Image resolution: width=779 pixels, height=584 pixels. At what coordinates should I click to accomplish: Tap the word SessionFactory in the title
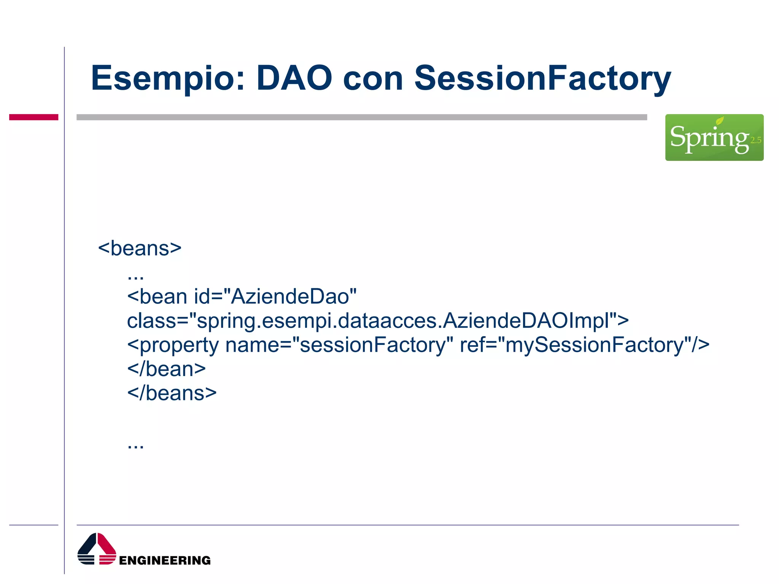[x=542, y=79]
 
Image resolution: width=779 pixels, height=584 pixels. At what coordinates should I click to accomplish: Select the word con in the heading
[x=373, y=79]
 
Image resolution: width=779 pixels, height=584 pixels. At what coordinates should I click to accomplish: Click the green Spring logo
[x=714, y=138]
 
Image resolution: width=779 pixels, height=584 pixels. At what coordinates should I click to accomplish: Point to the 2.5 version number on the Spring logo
[x=755, y=140]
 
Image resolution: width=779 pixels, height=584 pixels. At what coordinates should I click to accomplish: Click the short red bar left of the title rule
[x=33, y=117]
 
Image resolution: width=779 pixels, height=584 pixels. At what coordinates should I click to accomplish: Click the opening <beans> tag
[x=140, y=248]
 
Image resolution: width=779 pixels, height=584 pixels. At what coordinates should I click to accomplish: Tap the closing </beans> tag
[x=172, y=393]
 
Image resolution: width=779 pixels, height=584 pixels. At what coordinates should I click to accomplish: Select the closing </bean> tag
[x=166, y=369]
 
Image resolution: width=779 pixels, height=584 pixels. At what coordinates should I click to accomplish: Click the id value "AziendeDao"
[x=293, y=297]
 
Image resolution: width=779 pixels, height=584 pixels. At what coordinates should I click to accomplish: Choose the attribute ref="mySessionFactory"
[x=584, y=345]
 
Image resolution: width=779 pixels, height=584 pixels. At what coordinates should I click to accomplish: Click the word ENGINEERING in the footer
[x=165, y=560]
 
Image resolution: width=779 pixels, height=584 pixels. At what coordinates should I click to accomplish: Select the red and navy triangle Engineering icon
[x=97, y=549]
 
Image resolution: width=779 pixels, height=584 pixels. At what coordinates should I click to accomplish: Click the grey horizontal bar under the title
[x=361, y=117]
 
